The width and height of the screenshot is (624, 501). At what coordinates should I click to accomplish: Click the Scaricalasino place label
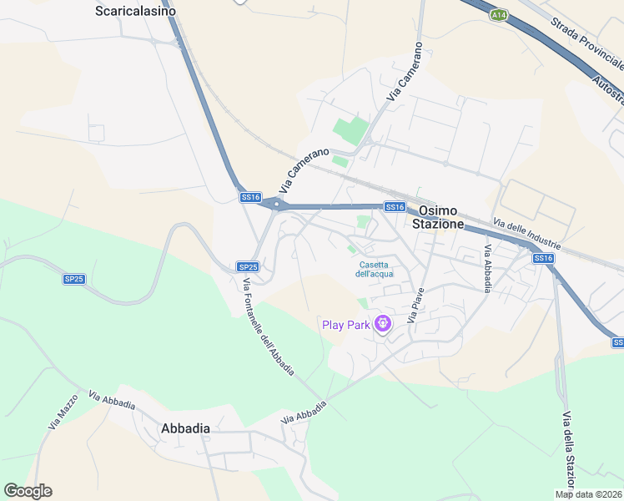136,11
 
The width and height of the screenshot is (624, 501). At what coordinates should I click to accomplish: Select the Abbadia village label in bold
184,428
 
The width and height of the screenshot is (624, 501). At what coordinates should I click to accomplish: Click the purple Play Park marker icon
382,323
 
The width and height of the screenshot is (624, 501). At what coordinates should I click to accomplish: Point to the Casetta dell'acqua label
374,269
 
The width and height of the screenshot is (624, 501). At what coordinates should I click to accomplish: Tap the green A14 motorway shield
499,14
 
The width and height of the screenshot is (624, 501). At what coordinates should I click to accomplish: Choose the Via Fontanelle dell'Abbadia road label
268,328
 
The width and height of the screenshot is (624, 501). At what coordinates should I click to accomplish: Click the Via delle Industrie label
526,235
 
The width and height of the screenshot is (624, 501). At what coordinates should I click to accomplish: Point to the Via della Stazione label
569,451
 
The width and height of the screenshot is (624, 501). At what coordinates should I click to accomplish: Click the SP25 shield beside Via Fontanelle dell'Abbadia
248,266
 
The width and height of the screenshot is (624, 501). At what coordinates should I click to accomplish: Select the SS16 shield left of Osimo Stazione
395,206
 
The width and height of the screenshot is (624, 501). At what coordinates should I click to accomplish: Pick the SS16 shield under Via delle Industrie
543,258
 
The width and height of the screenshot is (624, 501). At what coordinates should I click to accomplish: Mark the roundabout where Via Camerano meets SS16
276,203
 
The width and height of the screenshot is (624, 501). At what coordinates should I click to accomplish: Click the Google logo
28,491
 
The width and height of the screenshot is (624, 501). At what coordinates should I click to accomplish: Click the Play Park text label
345,325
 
